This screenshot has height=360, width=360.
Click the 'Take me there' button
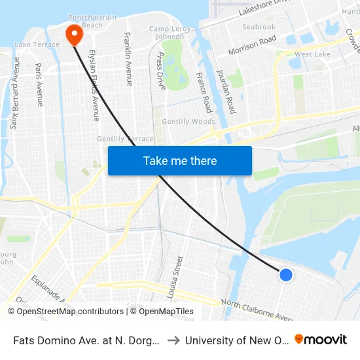point(180,160)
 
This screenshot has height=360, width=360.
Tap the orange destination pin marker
point(73,34)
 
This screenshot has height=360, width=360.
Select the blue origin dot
point(286,275)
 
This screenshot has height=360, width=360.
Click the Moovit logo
point(321,340)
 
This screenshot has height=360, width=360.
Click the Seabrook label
point(259,27)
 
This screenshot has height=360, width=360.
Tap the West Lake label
point(312,54)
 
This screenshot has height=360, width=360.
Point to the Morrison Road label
point(252,45)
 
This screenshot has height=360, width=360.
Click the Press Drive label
point(161,71)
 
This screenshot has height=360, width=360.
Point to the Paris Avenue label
point(39,85)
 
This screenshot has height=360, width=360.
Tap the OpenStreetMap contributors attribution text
point(65,312)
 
